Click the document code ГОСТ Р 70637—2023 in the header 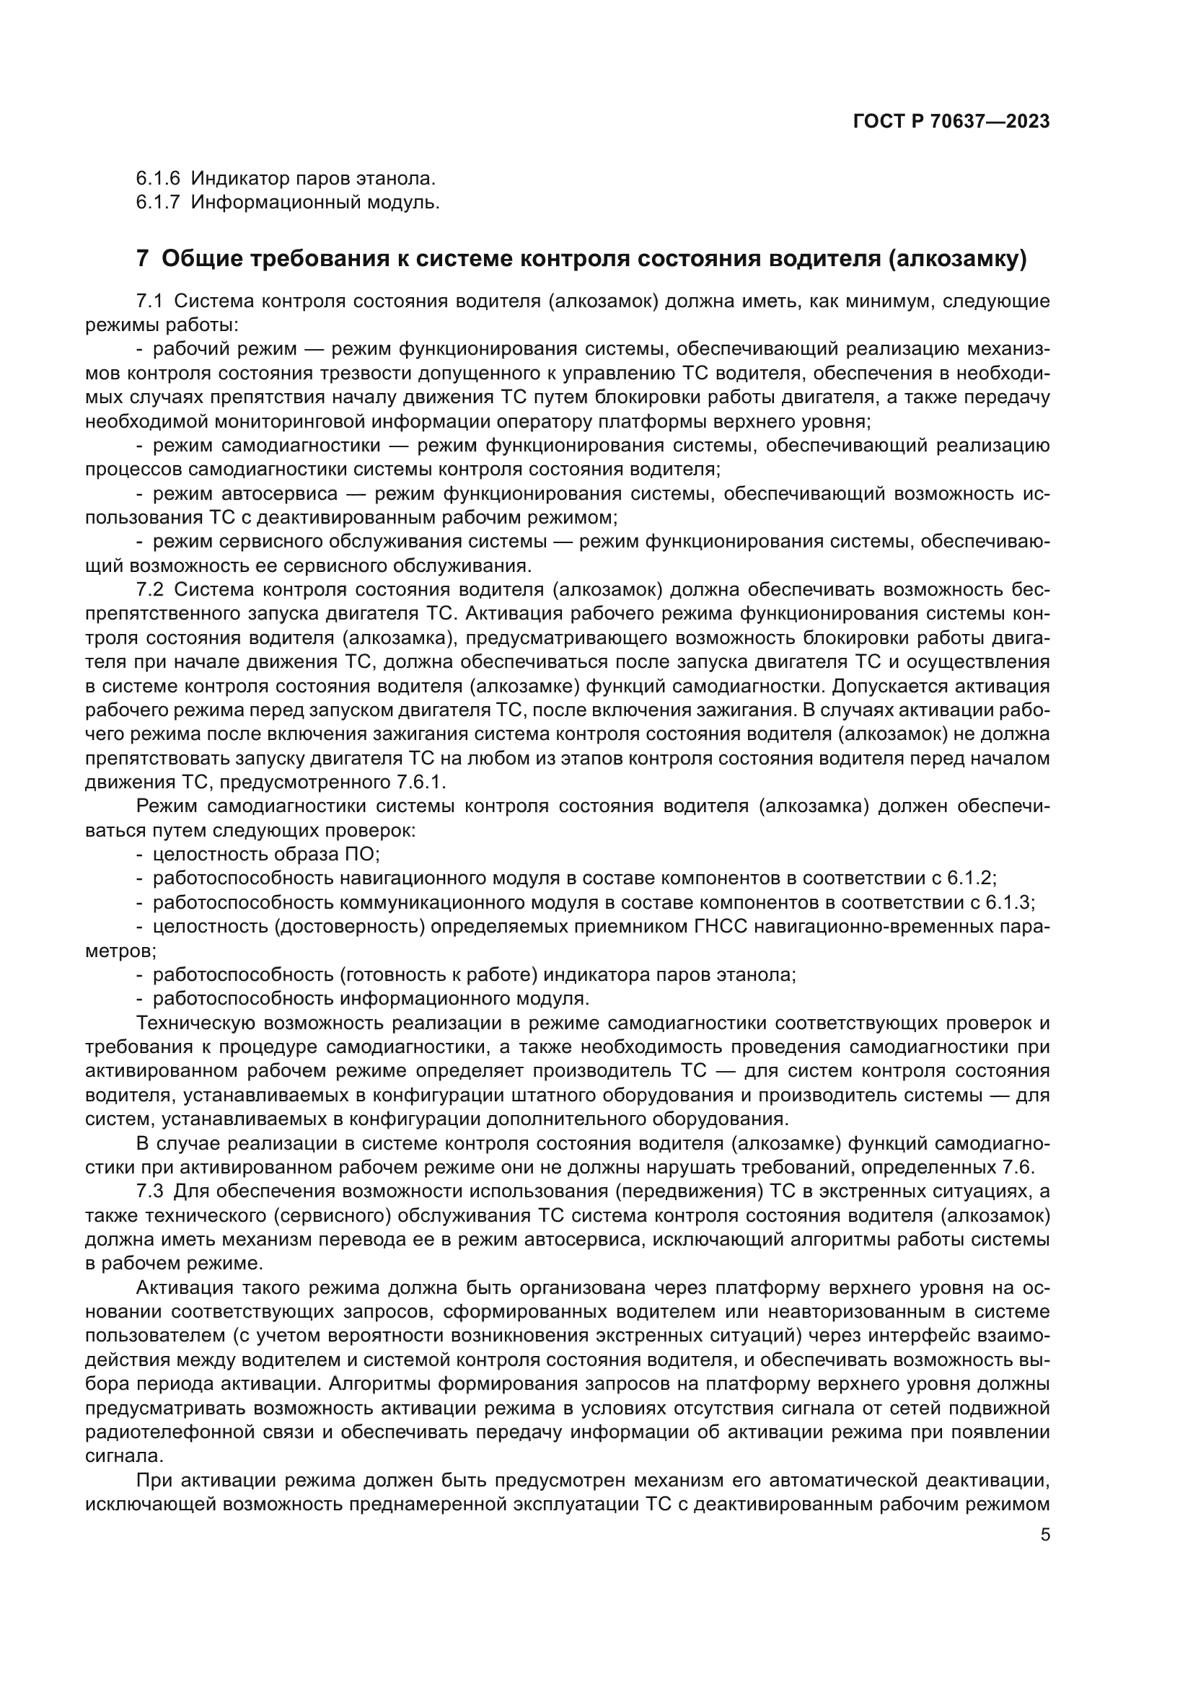tap(951, 121)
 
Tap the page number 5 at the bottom tap(1045, 1534)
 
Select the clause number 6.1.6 tap(157, 178)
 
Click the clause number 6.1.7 tap(157, 202)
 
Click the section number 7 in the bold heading tap(143, 259)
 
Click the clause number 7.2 tap(151, 589)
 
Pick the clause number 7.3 tap(151, 1191)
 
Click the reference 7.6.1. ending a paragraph tap(419, 782)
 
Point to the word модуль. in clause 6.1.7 tap(406, 202)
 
